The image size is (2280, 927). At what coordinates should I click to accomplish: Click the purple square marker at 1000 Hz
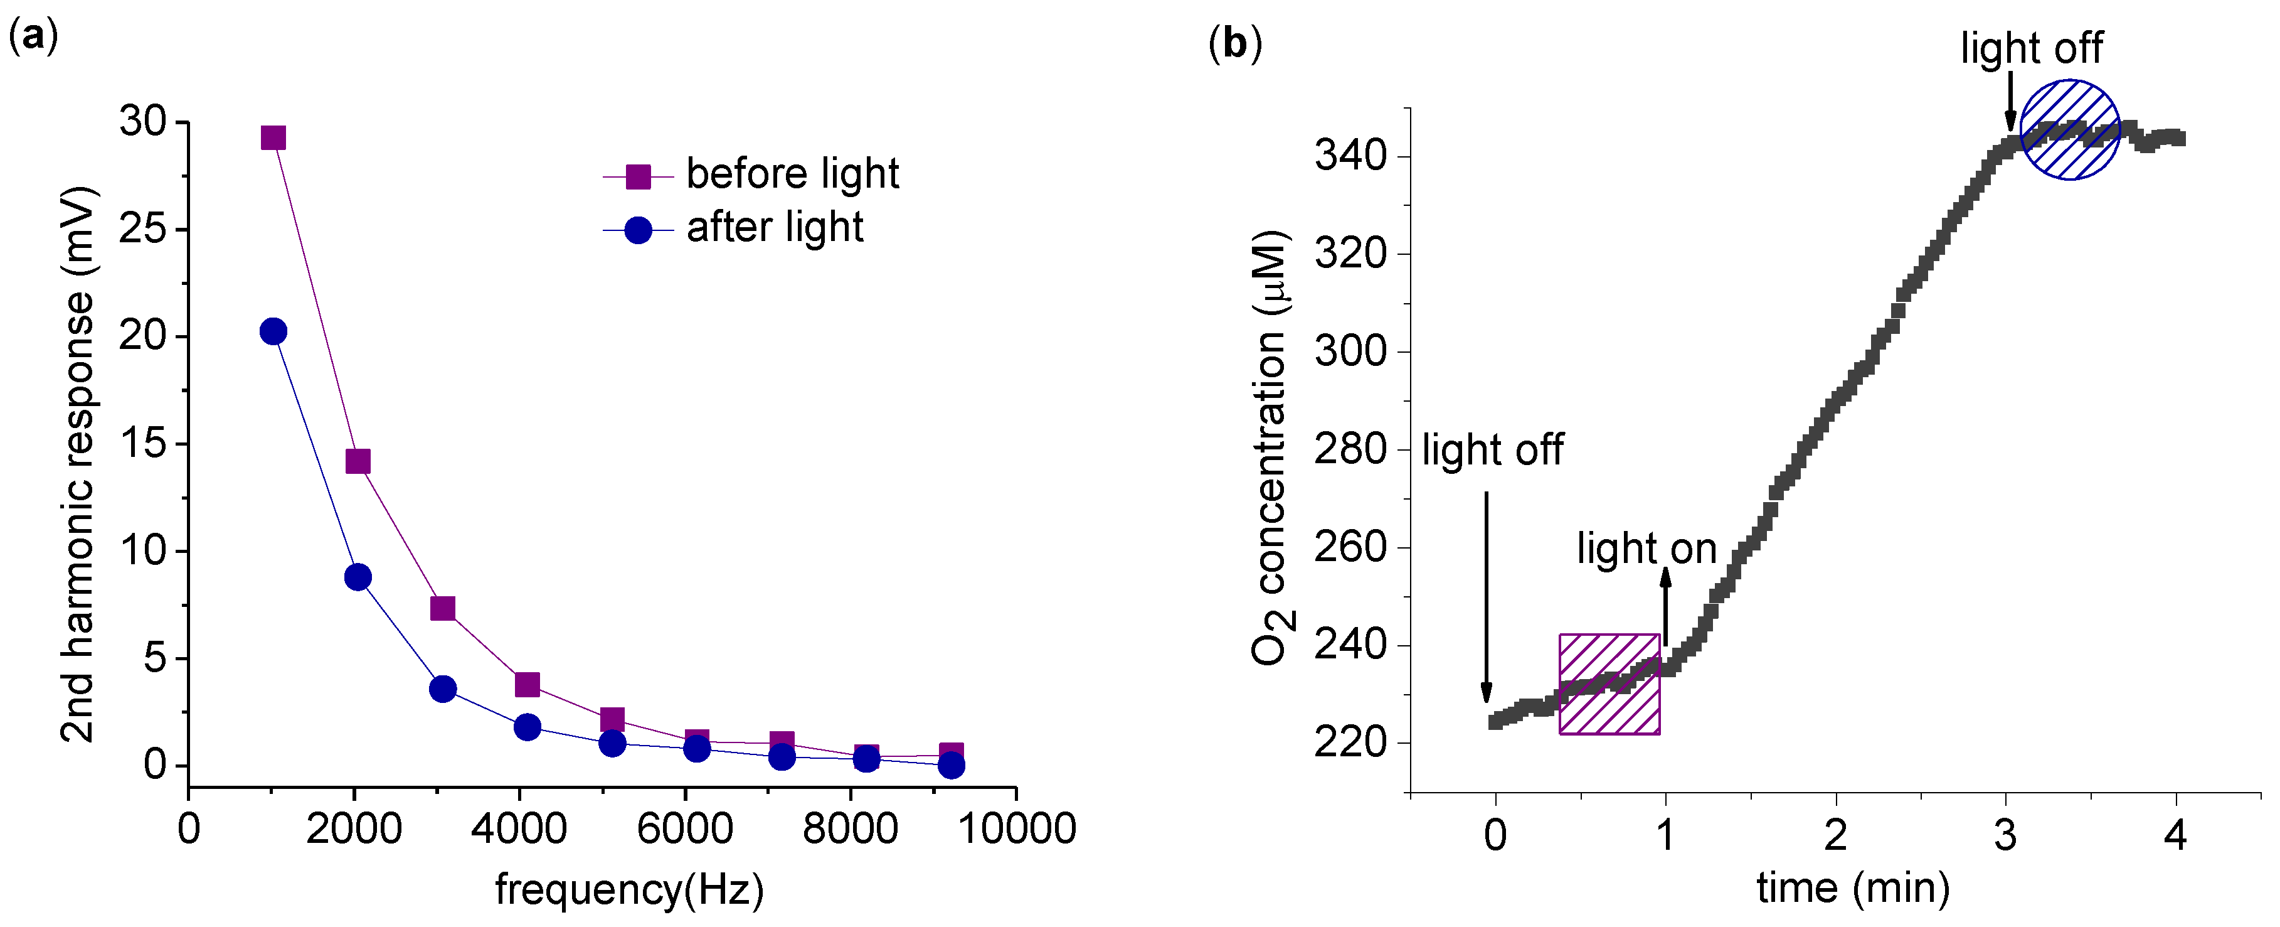pos(273,137)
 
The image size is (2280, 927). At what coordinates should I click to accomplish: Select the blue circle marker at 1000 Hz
pos(273,331)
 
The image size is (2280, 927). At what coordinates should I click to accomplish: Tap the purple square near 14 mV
pos(358,461)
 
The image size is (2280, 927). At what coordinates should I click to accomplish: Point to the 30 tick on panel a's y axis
pos(144,122)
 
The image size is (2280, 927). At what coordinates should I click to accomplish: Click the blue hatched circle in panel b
pos(2069,130)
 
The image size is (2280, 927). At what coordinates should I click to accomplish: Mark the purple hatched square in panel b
pos(1608,683)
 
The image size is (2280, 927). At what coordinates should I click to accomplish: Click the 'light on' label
pos(1646,549)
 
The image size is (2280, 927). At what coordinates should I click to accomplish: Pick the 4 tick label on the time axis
pos(2175,835)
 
